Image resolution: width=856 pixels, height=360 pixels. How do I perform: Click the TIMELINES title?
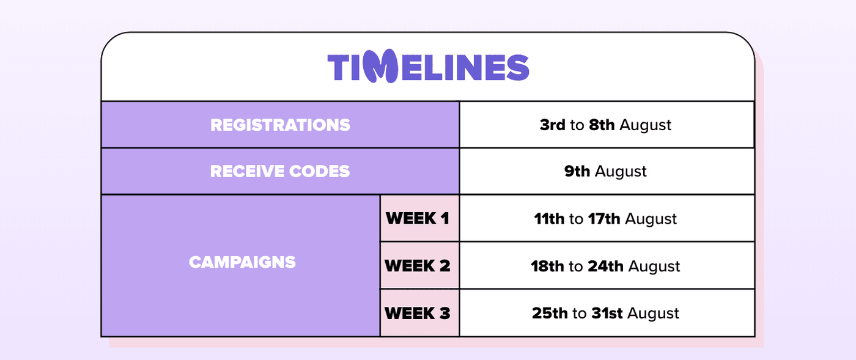(428, 67)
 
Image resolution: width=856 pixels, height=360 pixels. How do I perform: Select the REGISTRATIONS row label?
(280, 125)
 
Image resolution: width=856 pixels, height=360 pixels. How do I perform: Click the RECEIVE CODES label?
(280, 171)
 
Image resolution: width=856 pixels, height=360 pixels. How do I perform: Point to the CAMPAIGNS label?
(242, 262)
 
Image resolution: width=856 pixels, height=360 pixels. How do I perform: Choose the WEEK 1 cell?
(419, 218)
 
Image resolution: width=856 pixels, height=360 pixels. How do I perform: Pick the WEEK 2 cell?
(419, 266)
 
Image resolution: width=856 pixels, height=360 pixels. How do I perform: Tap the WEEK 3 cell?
(419, 313)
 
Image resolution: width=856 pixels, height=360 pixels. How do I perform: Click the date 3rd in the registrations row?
(552, 125)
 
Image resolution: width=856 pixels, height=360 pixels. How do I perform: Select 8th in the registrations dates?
(602, 125)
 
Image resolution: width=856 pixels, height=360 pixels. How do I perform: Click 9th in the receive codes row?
(577, 171)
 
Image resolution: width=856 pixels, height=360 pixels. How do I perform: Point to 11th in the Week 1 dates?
(549, 219)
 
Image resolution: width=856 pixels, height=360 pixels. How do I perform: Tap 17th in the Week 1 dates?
(604, 219)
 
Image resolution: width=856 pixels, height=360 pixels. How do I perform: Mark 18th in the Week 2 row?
(547, 266)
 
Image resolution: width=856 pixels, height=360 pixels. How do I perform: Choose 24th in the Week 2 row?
(605, 266)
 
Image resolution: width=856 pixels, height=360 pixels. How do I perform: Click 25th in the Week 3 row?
(550, 314)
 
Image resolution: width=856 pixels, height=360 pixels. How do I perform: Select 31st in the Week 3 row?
(607, 314)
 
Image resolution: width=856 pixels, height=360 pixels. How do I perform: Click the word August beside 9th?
(621, 172)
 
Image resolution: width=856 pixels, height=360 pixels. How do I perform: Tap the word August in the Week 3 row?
(653, 314)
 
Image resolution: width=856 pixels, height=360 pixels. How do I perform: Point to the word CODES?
(319, 171)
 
